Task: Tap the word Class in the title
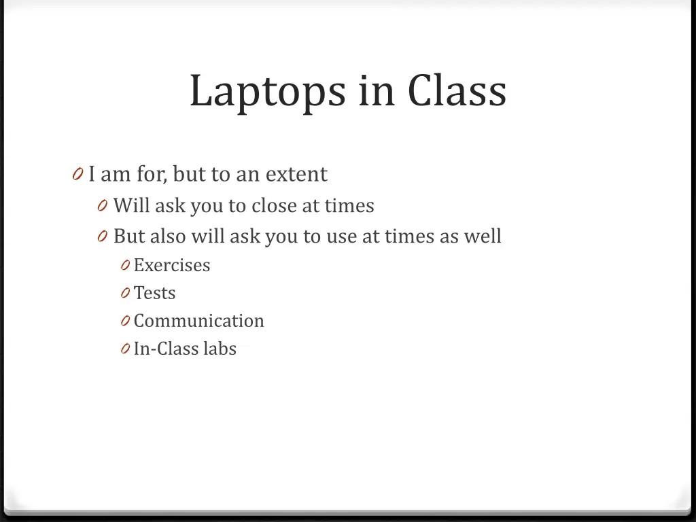click(457, 90)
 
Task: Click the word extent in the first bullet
click(296, 175)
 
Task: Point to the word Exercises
click(172, 265)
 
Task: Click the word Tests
click(155, 293)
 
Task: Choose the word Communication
click(199, 321)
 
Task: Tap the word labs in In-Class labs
click(220, 349)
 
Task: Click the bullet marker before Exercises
click(126, 266)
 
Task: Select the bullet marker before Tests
click(126, 294)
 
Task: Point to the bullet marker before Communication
click(126, 321)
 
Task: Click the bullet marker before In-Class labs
click(126, 349)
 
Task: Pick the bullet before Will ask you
click(103, 206)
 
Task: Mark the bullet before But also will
click(103, 237)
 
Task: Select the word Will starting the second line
click(132, 205)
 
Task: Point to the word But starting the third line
click(129, 236)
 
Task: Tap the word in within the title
click(377, 90)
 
